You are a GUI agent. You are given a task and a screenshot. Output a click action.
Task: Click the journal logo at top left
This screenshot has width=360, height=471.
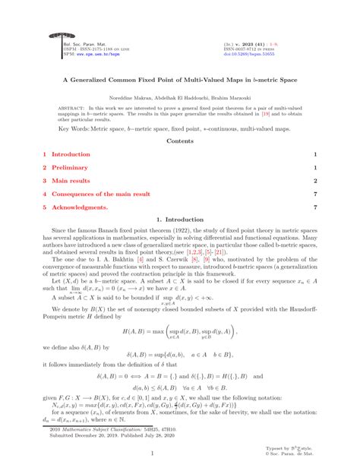point(56,36)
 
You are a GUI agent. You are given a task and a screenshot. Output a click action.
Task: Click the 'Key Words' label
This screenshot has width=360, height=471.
point(74,129)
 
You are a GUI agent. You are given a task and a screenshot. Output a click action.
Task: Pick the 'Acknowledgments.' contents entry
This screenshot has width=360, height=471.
point(79,207)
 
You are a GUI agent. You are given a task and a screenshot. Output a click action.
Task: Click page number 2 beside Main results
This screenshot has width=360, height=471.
point(314,180)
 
